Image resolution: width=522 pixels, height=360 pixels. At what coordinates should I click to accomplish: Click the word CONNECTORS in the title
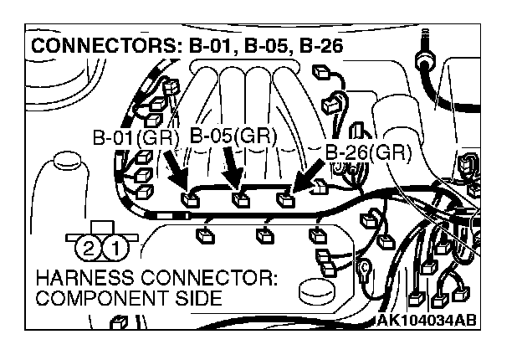[95, 46]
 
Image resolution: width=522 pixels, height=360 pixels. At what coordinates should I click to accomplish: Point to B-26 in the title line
[319, 46]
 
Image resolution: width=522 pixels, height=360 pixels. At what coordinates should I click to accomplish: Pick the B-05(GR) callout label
[233, 135]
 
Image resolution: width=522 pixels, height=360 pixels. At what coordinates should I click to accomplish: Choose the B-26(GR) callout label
[367, 152]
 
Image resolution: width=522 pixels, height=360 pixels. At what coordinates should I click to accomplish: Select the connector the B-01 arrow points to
[192, 199]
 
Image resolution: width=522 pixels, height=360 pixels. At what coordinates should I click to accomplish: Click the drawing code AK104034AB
[427, 320]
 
